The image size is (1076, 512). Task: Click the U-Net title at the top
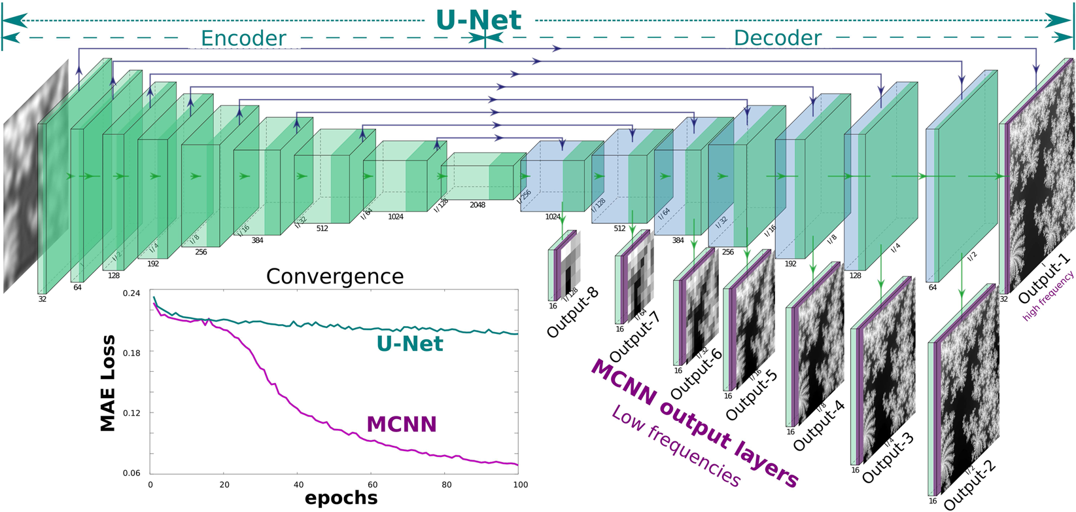[479, 20]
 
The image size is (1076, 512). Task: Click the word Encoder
[243, 39]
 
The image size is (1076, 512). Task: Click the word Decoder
[777, 38]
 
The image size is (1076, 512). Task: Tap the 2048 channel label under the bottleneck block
[477, 205]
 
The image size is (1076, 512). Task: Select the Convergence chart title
[334, 276]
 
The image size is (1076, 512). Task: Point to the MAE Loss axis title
[108, 383]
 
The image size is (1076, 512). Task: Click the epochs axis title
[341, 498]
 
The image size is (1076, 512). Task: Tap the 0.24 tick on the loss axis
[131, 293]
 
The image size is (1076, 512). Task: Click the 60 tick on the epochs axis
[372, 485]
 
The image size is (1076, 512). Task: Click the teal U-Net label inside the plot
[410, 344]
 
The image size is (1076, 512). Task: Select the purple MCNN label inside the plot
[402, 424]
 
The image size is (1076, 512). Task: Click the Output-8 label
[572, 314]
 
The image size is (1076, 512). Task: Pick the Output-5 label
[752, 395]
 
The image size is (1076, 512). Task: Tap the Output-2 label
[969, 485]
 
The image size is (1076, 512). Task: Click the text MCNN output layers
[694, 424]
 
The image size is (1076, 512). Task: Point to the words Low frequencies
[676, 446]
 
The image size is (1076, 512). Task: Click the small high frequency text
[1048, 296]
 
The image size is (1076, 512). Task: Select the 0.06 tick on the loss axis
[131, 473]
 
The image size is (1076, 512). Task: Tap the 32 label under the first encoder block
[43, 299]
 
